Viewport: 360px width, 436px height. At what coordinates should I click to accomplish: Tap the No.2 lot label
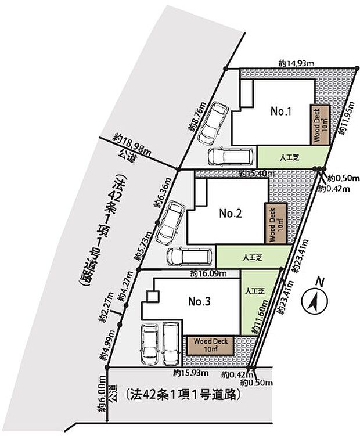[230, 214]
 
